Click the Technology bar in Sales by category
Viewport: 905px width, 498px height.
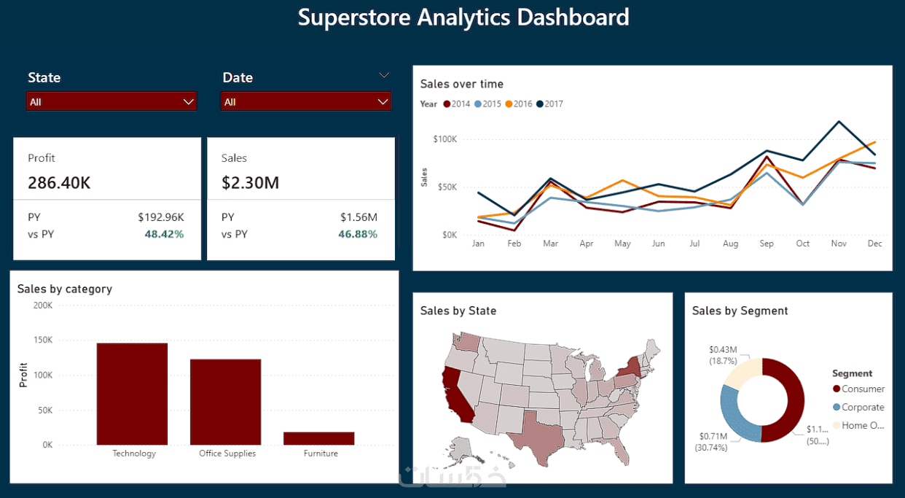point(132,394)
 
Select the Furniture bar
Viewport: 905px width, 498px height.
point(318,438)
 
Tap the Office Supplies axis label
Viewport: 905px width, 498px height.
point(227,454)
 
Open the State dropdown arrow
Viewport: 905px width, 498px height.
point(189,102)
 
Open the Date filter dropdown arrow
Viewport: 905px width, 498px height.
point(383,102)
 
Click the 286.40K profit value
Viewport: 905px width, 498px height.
point(59,182)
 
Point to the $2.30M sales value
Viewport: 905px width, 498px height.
point(250,182)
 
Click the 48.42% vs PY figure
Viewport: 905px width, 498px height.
point(164,234)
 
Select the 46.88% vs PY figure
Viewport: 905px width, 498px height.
point(358,234)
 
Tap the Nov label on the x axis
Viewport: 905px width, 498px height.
point(839,244)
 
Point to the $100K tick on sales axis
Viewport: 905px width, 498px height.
point(444,139)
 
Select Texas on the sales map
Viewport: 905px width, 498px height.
point(536,432)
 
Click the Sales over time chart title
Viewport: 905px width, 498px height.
point(462,85)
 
